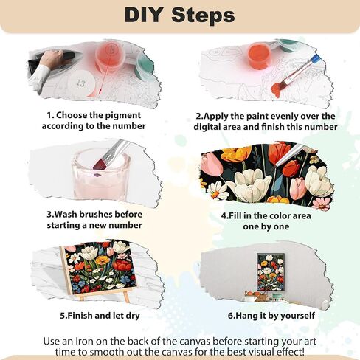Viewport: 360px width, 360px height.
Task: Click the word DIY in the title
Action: pos(143,15)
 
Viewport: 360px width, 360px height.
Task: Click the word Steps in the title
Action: pos(203,15)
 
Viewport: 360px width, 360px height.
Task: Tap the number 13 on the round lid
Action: pos(80,83)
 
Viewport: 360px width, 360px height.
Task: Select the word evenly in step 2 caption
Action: pos(283,116)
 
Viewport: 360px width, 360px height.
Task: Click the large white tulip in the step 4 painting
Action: pos(249,184)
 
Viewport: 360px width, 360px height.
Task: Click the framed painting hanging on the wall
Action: pos(271,271)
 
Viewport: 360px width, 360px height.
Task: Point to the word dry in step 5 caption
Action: pos(133,316)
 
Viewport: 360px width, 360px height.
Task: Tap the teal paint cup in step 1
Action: pos(145,67)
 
